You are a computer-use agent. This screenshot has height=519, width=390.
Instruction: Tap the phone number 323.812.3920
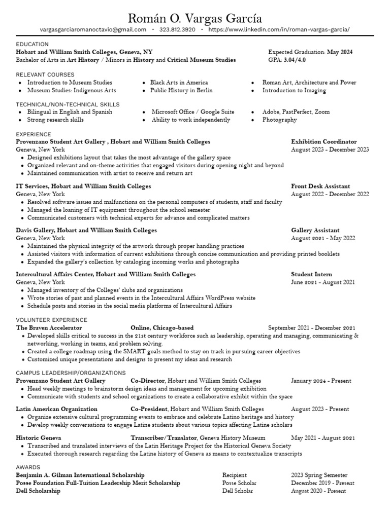[x=177, y=30]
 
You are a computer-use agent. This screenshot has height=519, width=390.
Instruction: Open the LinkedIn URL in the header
[x=279, y=30]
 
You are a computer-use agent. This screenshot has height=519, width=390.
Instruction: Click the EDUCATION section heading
[x=32, y=45]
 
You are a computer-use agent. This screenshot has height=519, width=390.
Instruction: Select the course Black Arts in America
[x=179, y=82]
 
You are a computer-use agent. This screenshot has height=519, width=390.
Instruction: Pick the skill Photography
[x=279, y=120]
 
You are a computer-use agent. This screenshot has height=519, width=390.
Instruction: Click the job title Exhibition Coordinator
[x=324, y=142]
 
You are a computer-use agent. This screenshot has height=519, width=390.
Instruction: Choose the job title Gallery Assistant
[x=315, y=230]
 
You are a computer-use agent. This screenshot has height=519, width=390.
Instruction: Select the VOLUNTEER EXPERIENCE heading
[x=52, y=320]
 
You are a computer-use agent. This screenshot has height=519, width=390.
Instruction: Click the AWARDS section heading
[x=28, y=467]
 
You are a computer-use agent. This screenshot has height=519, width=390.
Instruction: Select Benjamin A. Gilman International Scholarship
[x=80, y=475]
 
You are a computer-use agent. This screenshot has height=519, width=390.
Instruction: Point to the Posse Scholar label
[x=237, y=483]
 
